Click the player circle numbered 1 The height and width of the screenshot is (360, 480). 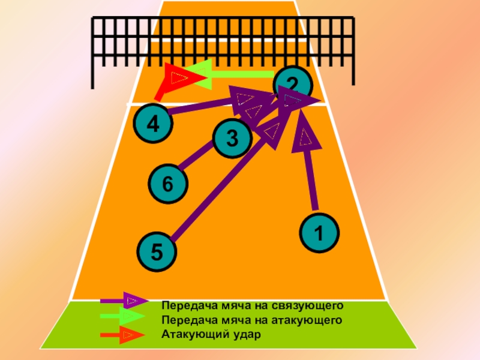(319, 232)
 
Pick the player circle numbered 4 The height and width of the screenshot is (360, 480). (153, 124)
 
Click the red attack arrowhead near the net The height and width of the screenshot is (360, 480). (179, 76)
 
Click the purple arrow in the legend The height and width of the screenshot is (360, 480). (123, 300)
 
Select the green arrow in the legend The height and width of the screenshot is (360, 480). (123, 316)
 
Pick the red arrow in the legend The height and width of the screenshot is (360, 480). (123, 334)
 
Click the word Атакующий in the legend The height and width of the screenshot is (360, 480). (191, 334)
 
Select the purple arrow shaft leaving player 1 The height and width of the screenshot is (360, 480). (311, 180)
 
